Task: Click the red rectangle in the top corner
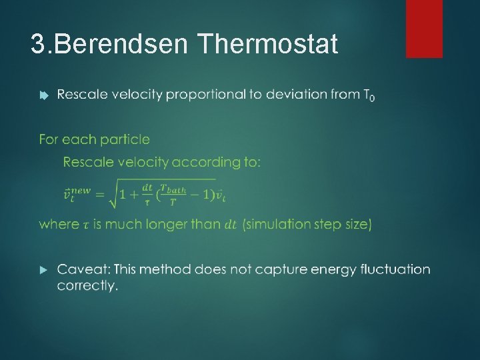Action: pos(424,28)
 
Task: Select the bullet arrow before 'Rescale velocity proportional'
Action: pos(43,95)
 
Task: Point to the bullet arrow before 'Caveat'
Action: pos(43,270)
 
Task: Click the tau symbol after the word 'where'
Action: pos(85,225)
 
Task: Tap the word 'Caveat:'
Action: pos(83,270)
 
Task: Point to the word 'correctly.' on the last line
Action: pos(87,286)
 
